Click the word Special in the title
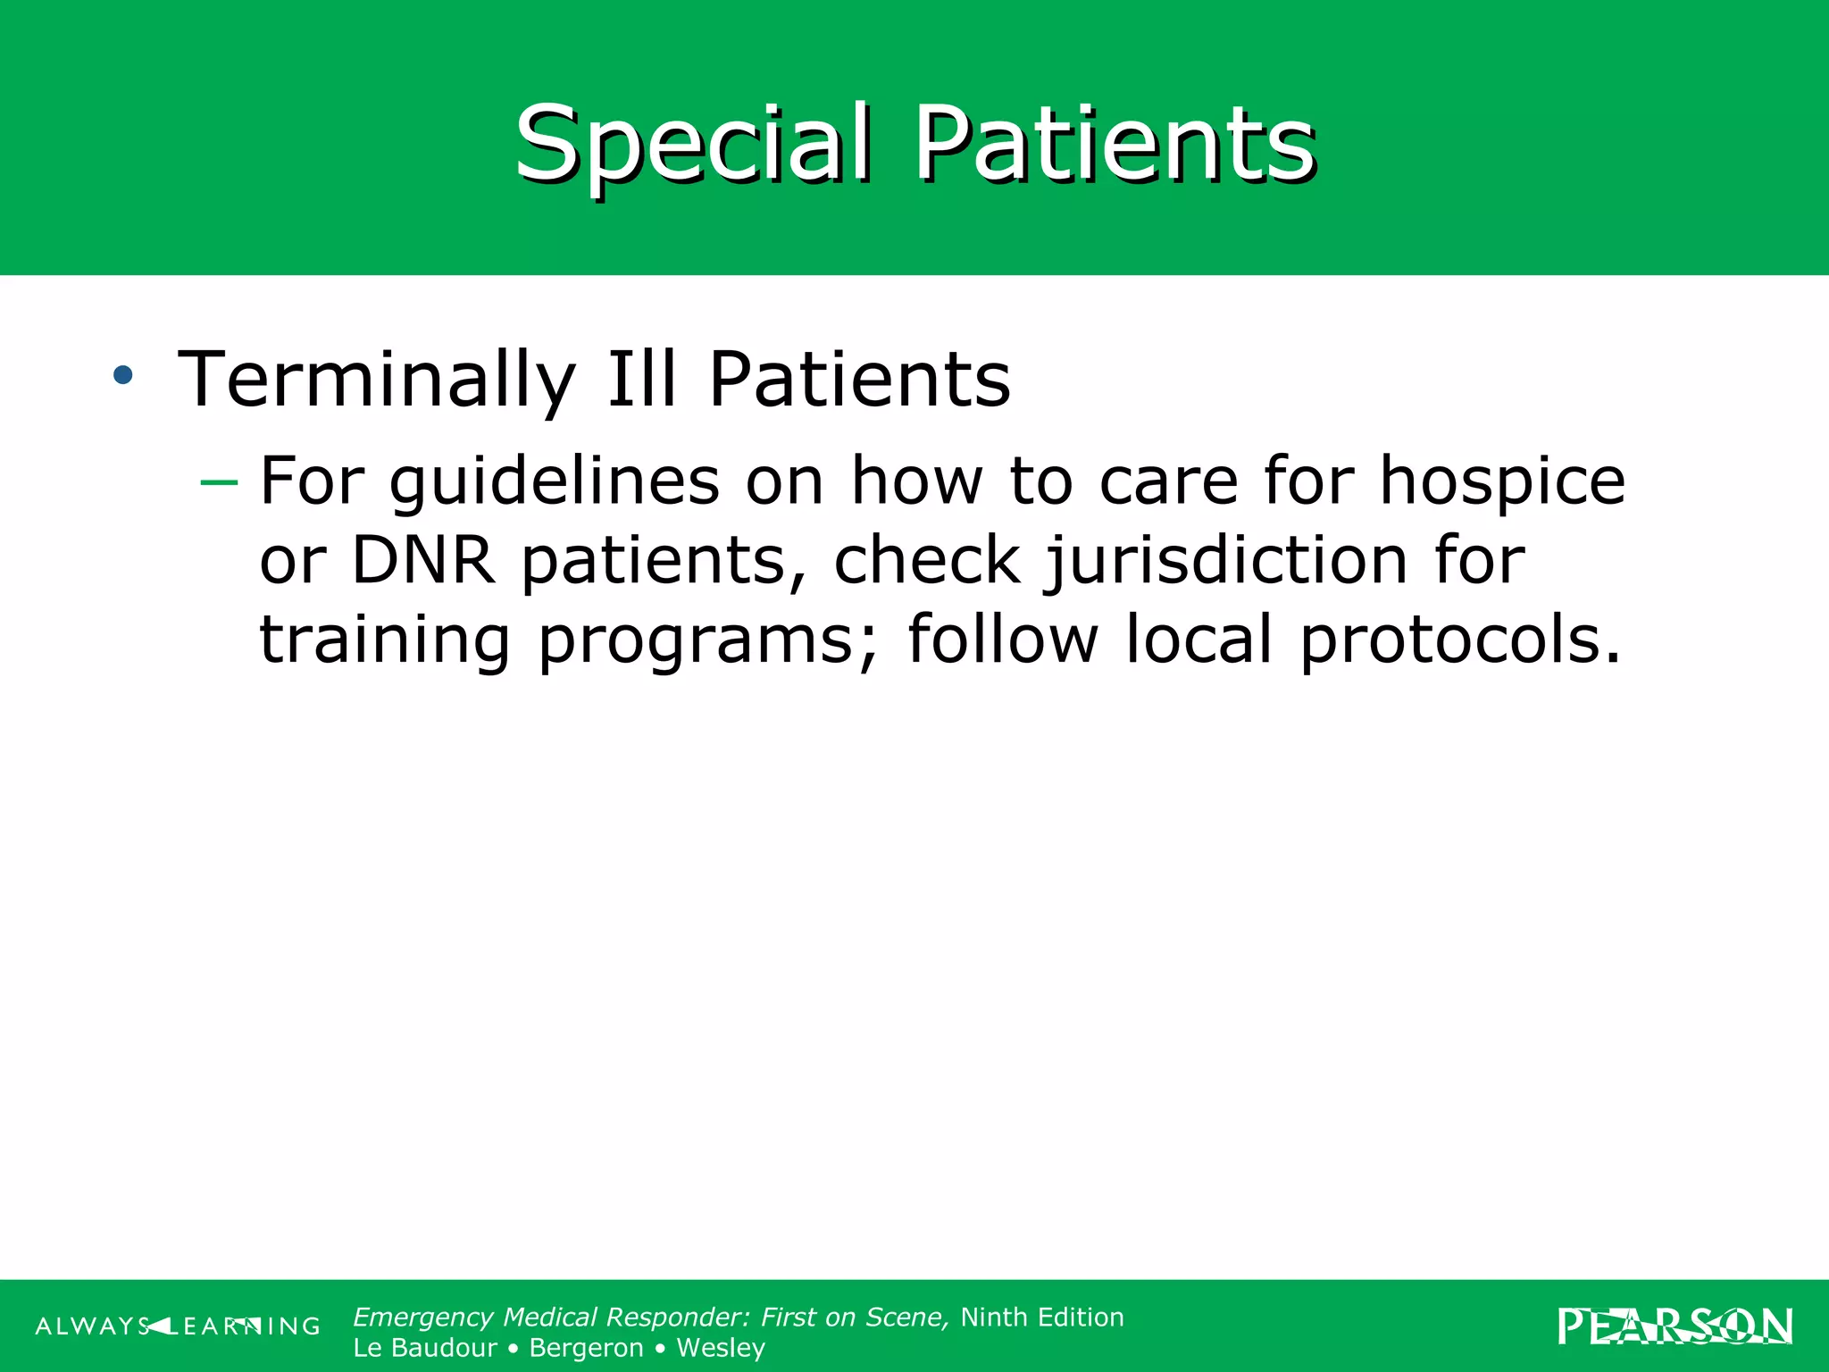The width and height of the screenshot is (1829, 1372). (x=692, y=143)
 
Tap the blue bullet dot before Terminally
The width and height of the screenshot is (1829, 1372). (x=123, y=375)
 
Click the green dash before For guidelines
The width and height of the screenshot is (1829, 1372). (x=219, y=483)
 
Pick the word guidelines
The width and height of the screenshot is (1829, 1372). (x=554, y=482)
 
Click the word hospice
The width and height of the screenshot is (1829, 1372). (x=1502, y=482)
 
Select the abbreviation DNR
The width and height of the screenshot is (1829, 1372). (x=423, y=561)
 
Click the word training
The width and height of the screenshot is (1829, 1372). (x=385, y=640)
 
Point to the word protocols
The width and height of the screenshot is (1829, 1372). (x=1459, y=640)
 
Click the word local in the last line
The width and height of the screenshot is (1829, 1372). (x=1198, y=640)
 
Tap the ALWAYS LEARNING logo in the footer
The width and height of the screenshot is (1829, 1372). (x=177, y=1326)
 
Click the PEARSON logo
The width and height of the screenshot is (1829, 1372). (x=1675, y=1326)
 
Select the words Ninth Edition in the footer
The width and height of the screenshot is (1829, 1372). (x=1041, y=1317)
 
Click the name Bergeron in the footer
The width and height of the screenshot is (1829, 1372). (x=586, y=1347)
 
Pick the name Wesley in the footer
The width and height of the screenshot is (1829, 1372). (x=721, y=1347)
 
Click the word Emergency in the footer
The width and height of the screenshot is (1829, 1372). (x=423, y=1318)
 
